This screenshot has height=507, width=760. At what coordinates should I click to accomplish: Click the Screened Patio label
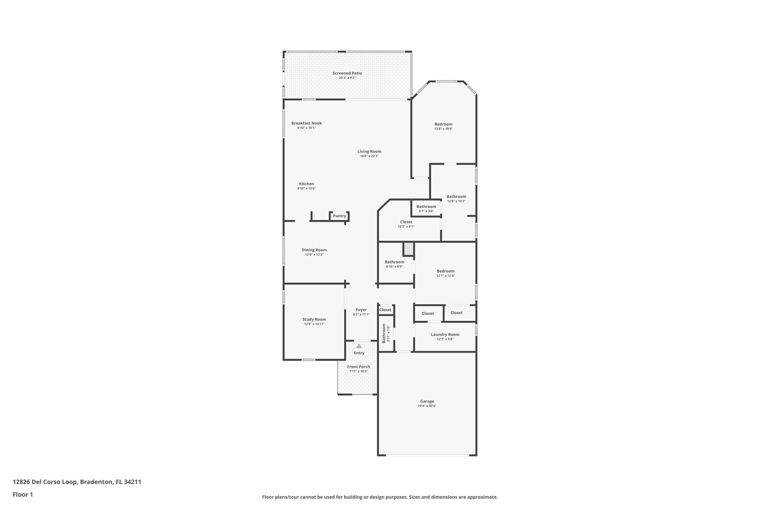coord(347,73)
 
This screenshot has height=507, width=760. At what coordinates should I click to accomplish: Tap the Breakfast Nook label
coord(307,123)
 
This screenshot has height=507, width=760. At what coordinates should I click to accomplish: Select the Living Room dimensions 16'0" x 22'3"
coord(369,156)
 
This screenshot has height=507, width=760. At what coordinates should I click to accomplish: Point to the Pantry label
coord(339,216)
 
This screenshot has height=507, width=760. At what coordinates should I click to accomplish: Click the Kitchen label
coord(307,184)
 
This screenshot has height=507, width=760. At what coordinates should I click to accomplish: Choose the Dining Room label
coord(314,250)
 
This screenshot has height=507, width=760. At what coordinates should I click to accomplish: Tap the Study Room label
coord(314,319)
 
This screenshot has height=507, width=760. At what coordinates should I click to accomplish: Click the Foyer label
coord(361,310)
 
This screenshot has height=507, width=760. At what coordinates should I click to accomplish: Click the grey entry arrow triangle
coord(359,346)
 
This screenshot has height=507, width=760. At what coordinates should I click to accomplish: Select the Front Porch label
coord(358,367)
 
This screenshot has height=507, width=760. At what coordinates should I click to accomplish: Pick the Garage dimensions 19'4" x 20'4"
coord(427,406)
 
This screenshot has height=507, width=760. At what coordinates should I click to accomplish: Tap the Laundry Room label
coord(445,334)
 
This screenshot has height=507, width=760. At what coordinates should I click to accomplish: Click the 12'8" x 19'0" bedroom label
coord(443,124)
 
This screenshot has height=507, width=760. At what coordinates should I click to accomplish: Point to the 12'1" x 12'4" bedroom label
coord(445,271)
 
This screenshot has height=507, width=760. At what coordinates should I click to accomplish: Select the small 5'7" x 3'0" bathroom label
coord(426,207)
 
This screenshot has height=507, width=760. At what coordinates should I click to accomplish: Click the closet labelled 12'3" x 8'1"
coord(406,222)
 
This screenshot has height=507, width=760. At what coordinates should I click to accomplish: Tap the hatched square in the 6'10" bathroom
coord(409,249)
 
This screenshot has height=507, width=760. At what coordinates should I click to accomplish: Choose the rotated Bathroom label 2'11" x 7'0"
coord(384,333)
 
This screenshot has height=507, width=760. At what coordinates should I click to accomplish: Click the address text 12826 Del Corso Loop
coord(77,482)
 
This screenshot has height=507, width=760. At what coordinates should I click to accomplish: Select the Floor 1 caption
coord(23,494)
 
